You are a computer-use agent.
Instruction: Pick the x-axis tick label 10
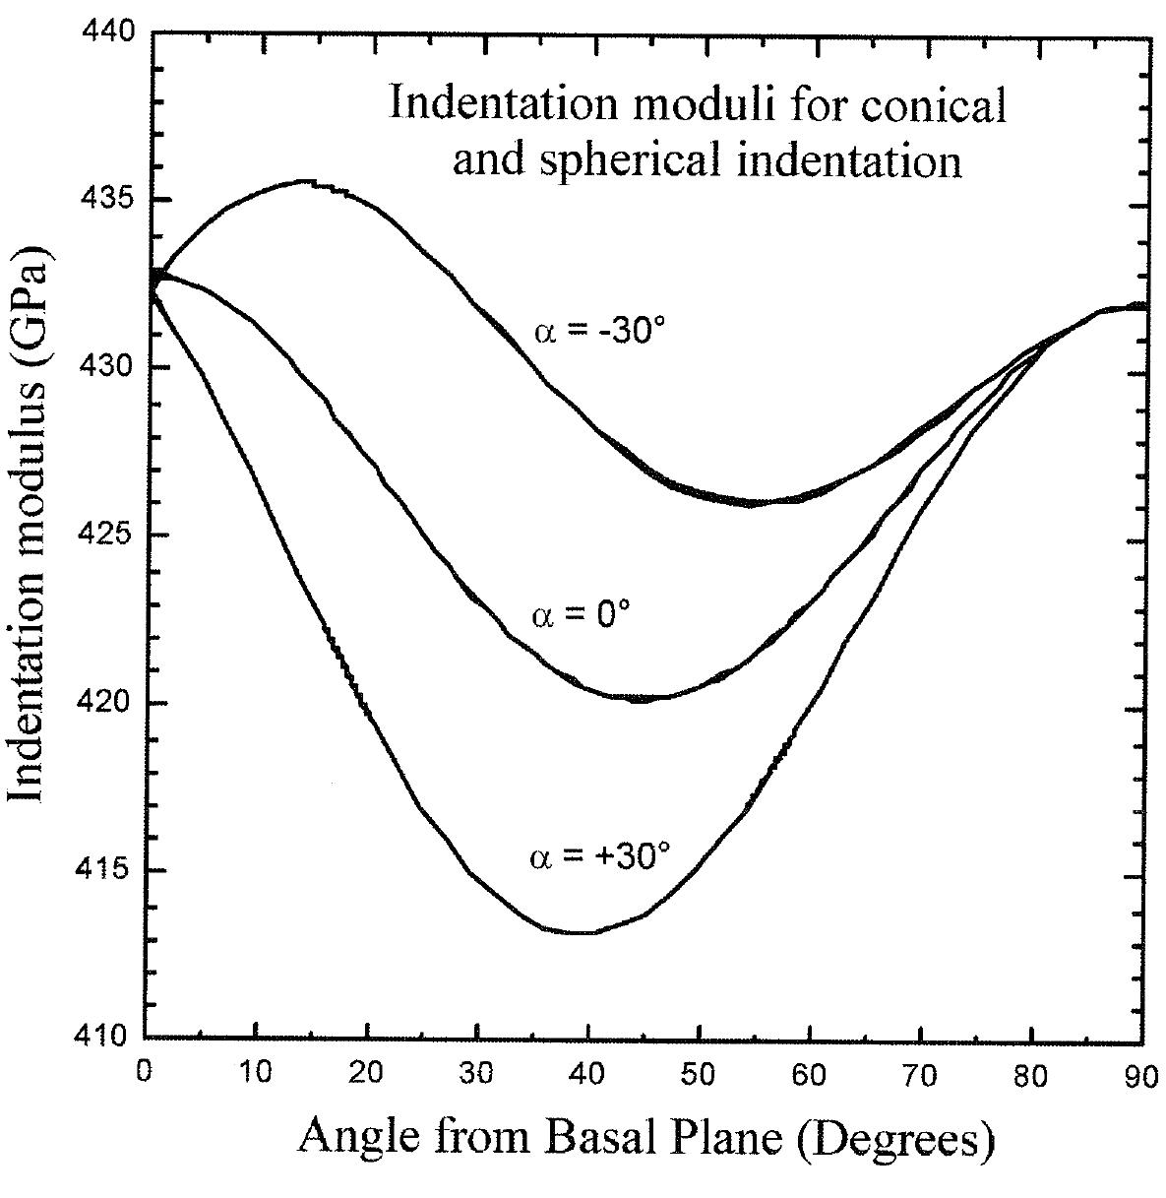click(x=256, y=1072)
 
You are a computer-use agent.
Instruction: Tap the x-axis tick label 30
click(x=477, y=1072)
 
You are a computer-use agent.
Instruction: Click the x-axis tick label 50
click(x=699, y=1072)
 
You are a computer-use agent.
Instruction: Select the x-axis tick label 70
click(x=920, y=1072)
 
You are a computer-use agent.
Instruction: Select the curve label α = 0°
click(x=581, y=616)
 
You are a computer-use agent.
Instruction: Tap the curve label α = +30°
click(x=599, y=855)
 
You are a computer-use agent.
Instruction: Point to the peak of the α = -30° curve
click(x=307, y=181)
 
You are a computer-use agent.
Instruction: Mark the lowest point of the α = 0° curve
click(x=640, y=699)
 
